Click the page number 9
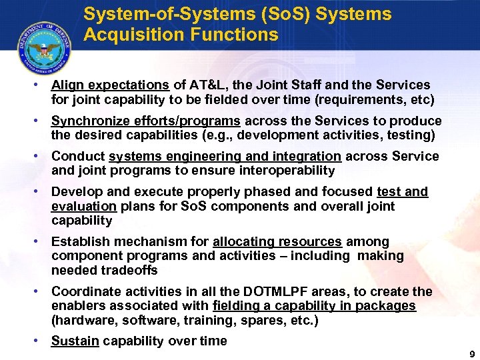tap(472, 353)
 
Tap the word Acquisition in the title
tap(127, 35)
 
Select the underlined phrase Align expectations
tap(110, 85)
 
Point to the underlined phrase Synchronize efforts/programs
tap(146, 121)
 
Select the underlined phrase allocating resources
tap(277, 241)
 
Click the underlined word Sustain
tap(75, 341)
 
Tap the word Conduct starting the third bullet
tap(78, 157)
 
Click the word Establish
tap(80, 241)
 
